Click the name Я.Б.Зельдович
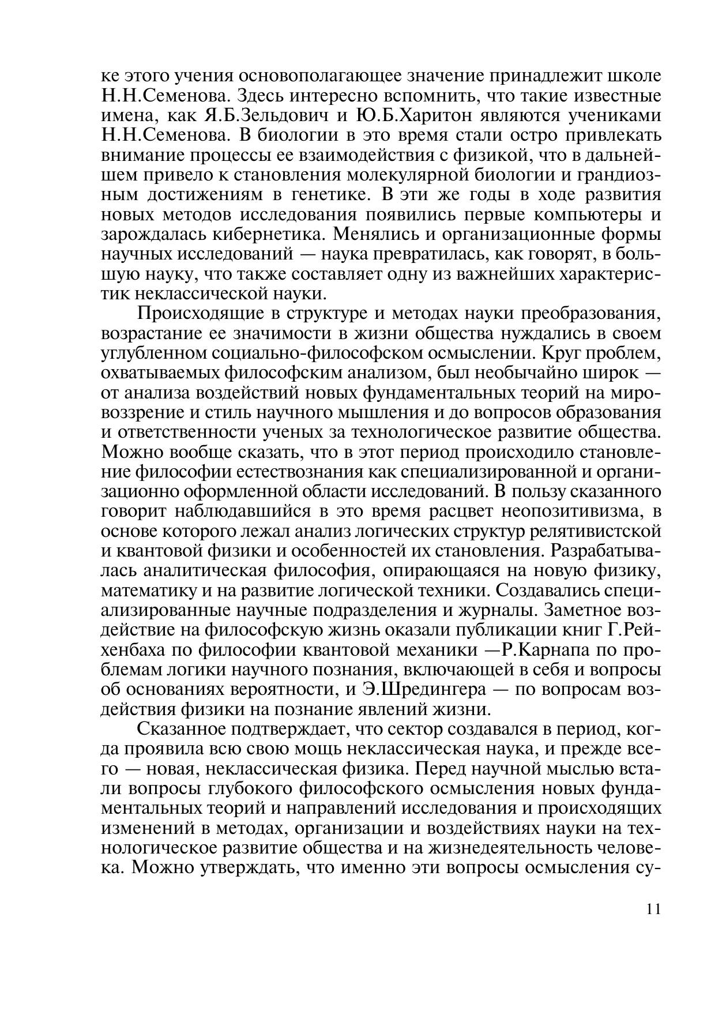point(263,115)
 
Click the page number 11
point(653,909)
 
